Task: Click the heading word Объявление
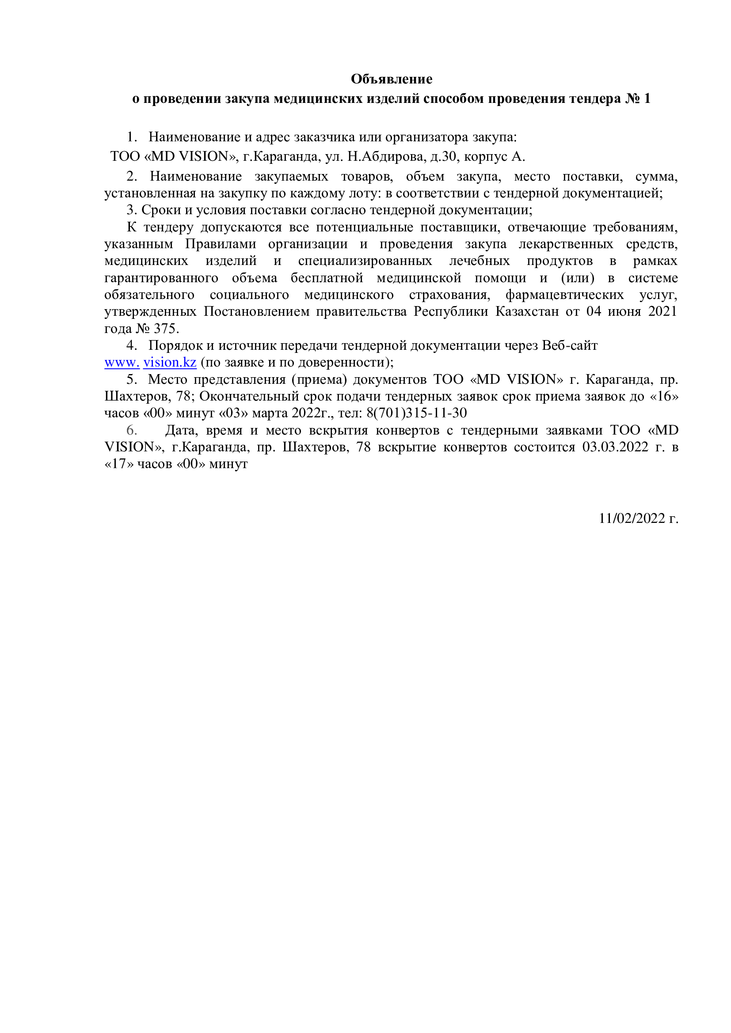[x=391, y=79]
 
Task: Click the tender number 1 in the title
[x=647, y=98]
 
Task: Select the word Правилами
[x=221, y=244]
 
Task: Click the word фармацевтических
[x=564, y=295]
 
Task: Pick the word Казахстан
[x=527, y=311]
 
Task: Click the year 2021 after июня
[x=662, y=311]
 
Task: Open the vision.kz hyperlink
[x=170, y=362]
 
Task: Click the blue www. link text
[x=122, y=362]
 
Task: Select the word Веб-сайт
[x=570, y=345]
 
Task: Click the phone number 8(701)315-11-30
[x=416, y=412]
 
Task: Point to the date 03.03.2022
[x=615, y=447]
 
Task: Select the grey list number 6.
[x=131, y=430]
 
